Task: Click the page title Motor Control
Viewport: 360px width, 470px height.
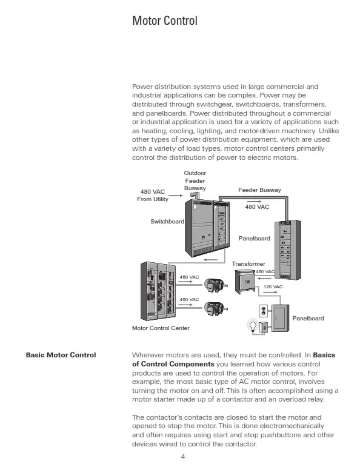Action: [x=165, y=21]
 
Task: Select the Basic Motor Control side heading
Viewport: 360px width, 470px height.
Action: [x=61, y=355]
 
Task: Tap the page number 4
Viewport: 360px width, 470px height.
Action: [x=183, y=456]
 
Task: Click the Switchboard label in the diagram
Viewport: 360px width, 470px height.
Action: [x=167, y=222]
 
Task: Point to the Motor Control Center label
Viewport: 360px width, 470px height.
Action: [x=161, y=328]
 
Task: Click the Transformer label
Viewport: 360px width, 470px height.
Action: [x=248, y=264]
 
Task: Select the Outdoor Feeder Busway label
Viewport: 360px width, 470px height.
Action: [x=195, y=180]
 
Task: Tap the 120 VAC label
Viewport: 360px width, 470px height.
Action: [x=273, y=286]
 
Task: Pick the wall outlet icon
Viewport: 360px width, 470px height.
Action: [x=263, y=311]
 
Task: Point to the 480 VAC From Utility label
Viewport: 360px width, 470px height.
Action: [x=152, y=196]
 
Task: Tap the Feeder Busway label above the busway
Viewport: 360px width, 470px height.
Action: [x=259, y=190]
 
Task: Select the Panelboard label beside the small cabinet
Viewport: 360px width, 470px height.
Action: [x=308, y=318]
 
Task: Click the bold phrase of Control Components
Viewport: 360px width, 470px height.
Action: [x=173, y=364]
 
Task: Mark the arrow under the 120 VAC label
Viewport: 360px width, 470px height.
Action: [x=273, y=293]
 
